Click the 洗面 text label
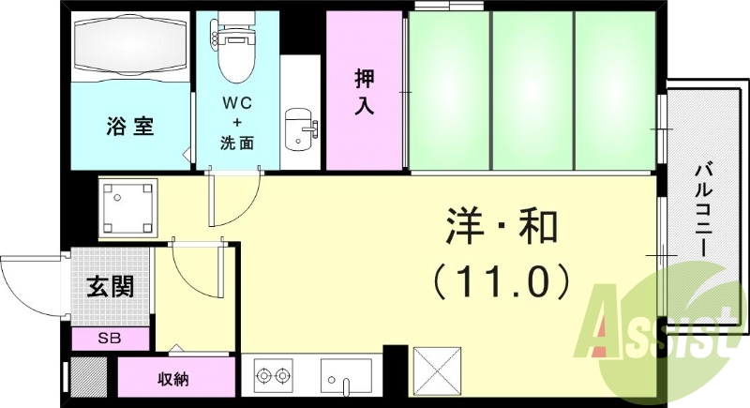[237, 144]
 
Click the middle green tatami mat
[532, 92]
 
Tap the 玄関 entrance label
[111, 286]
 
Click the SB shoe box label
[111, 339]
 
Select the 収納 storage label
[172, 379]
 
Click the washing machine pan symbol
[128, 207]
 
